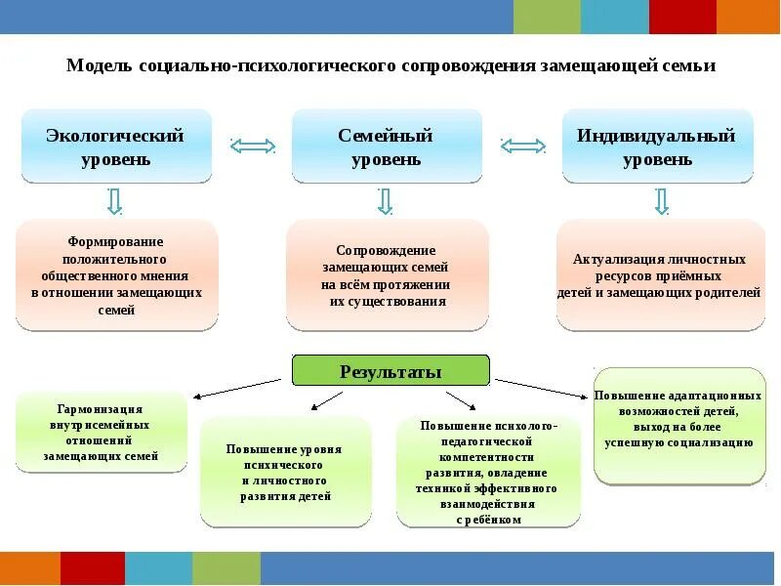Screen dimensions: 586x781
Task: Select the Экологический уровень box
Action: tap(116, 146)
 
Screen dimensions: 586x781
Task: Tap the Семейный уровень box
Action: tap(387, 146)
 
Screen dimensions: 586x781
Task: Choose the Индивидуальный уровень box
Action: tap(657, 146)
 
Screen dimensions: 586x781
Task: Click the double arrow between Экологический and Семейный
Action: tap(253, 146)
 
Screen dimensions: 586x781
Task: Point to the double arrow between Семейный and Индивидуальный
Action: tap(523, 146)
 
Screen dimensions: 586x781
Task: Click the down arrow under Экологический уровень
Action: tap(114, 201)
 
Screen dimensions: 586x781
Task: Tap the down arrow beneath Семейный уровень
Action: tap(385, 201)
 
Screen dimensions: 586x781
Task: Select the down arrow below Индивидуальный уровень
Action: tap(661, 201)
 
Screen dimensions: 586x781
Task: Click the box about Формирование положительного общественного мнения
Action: tap(116, 274)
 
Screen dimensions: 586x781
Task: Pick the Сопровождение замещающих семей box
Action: tap(387, 274)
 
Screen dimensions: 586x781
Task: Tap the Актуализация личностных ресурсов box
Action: tap(659, 274)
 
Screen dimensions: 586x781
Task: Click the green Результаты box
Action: tap(390, 371)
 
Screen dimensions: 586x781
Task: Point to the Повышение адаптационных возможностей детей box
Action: tap(679, 426)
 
